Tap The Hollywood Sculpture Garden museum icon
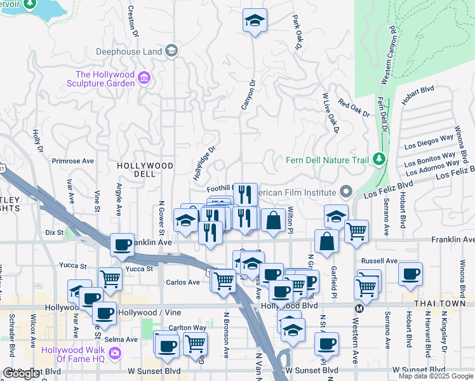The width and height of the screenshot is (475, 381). click(x=144, y=79)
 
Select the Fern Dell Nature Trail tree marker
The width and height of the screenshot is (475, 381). click(x=379, y=158)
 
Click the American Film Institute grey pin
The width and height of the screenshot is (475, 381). click(x=345, y=190)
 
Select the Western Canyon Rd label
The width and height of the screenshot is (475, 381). click(x=389, y=55)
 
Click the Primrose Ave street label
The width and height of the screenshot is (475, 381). click(x=72, y=161)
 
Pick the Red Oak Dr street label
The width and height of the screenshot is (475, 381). click(x=354, y=108)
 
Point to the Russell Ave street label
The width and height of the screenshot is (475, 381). click(x=379, y=260)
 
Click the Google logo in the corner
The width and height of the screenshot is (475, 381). click(x=22, y=373)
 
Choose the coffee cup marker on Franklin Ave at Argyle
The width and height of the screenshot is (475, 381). click(x=122, y=244)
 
